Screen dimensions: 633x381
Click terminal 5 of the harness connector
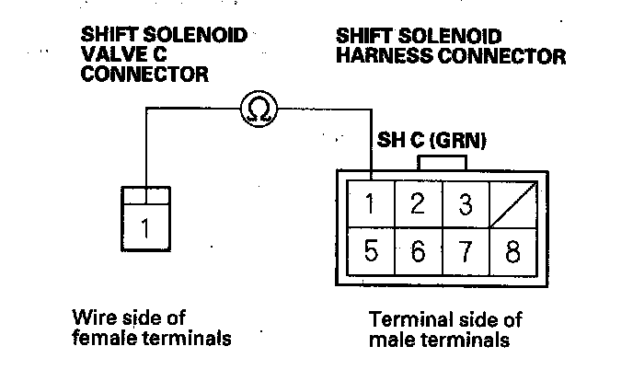[x=371, y=251]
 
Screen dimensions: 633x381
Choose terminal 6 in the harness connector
[x=418, y=251]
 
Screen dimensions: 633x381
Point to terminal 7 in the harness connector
[x=466, y=251]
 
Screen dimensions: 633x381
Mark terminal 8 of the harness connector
[x=512, y=251]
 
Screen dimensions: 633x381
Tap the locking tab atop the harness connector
[x=443, y=162]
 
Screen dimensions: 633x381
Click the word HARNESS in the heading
[x=377, y=56]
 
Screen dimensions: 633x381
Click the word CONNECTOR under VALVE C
[x=144, y=75]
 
